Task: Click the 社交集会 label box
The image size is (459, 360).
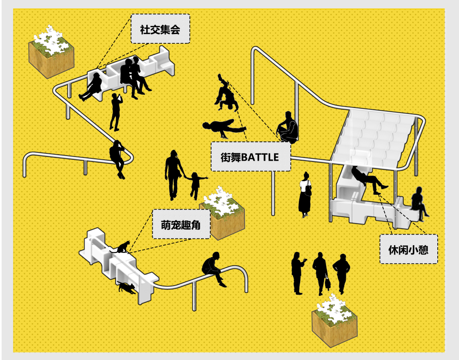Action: [x=160, y=29]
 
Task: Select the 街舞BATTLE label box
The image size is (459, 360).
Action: [x=250, y=156]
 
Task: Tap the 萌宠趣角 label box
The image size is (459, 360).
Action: [x=181, y=224]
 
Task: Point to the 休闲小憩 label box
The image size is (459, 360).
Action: [x=408, y=249]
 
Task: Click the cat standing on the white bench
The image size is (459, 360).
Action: [x=123, y=247]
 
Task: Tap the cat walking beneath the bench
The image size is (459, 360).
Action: [x=127, y=287]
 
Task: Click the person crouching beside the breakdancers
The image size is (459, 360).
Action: [x=287, y=127]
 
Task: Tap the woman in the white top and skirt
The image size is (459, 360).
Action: [x=305, y=194]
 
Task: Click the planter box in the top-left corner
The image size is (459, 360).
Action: [x=51, y=53]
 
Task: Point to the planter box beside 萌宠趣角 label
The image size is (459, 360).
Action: [x=222, y=212]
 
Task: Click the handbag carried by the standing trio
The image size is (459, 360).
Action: [x=328, y=283]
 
